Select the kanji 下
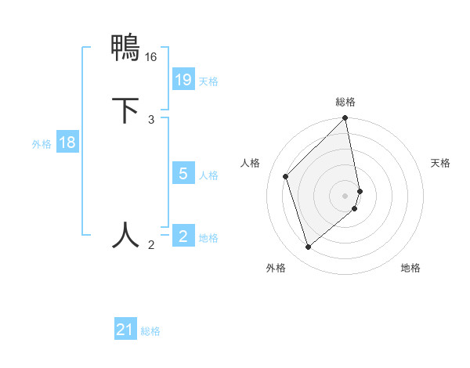click(126, 110)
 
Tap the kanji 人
click(126, 234)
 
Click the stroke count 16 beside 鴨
click(151, 57)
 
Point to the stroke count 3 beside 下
click(151, 119)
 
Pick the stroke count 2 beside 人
click(151, 245)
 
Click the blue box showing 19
click(183, 80)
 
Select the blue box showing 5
click(183, 174)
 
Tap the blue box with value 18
click(67, 143)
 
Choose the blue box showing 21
click(125, 330)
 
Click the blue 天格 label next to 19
click(208, 81)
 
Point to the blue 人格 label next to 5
click(208, 175)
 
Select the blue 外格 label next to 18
click(42, 144)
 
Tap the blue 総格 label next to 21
click(150, 331)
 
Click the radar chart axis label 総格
click(345, 102)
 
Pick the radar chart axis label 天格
click(440, 163)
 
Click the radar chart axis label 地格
click(410, 268)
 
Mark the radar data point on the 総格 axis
click(345, 119)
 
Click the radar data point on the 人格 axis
click(286, 176)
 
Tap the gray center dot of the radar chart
click(345, 195)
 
